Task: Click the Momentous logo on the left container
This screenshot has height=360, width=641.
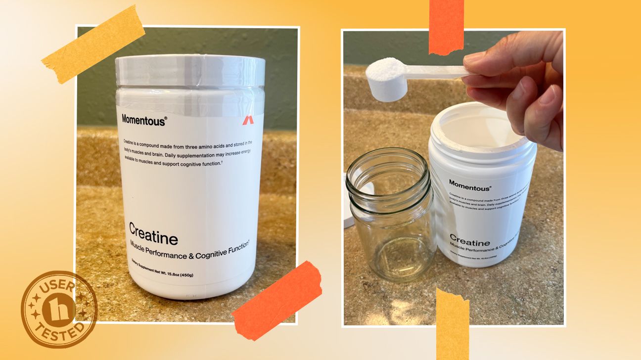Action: pyautogui.click(x=144, y=119)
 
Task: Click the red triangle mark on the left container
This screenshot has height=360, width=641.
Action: pyautogui.click(x=246, y=120)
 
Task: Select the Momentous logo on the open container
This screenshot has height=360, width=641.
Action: pyautogui.click(x=470, y=188)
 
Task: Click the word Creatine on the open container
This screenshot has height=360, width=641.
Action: pyautogui.click(x=470, y=243)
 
